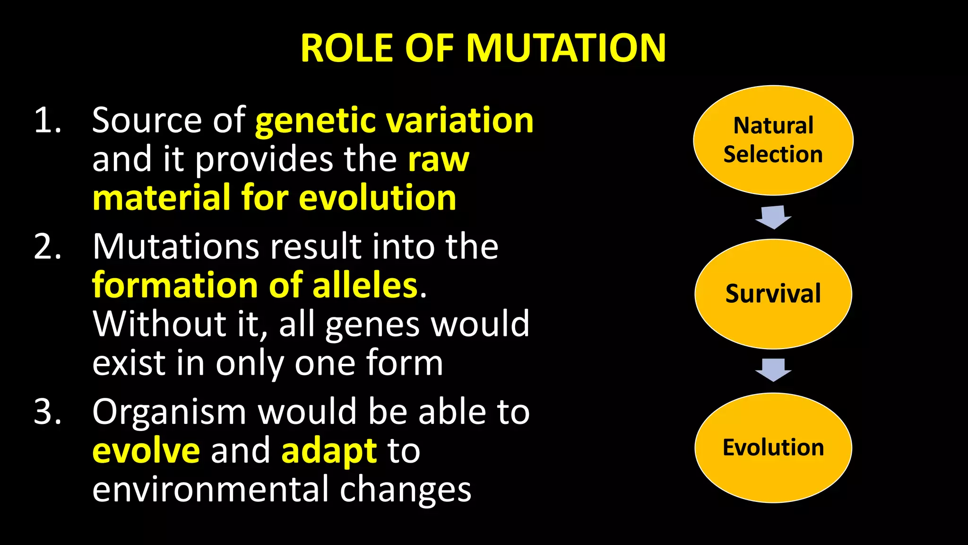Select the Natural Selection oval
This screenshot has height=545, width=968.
[x=773, y=140]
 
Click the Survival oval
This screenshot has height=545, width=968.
[x=773, y=294]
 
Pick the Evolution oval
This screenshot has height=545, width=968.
[x=773, y=448]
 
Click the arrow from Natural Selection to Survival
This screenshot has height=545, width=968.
[x=773, y=217]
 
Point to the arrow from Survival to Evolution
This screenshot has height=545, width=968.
[x=773, y=370]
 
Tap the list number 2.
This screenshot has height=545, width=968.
[x=47, y=246]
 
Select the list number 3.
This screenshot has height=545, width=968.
[x=47, y=412]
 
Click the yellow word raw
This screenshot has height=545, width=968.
[x=439, y=160]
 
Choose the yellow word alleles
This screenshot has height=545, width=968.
[x=365, y=286]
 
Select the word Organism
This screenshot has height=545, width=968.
[x=169, y=412]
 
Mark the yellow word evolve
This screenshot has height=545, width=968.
[x=146, y=451]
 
